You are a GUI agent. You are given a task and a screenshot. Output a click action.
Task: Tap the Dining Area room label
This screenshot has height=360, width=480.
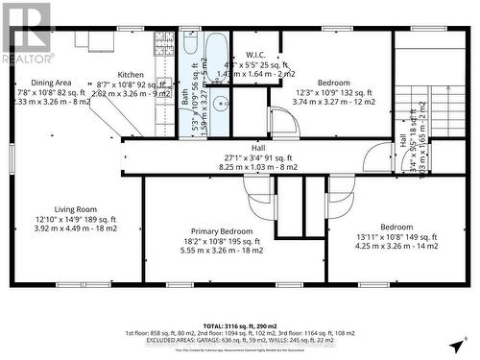click(51, 83)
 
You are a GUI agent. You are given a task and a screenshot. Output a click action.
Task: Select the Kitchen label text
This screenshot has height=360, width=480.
click(131, 74)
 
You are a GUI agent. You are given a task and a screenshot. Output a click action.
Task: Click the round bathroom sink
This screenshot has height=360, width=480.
click(219, 104)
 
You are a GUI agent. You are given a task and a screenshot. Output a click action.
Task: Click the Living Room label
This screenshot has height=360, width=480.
click(78, 208)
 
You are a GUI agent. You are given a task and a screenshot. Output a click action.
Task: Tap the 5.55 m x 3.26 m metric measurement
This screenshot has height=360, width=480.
click(222, 251)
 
